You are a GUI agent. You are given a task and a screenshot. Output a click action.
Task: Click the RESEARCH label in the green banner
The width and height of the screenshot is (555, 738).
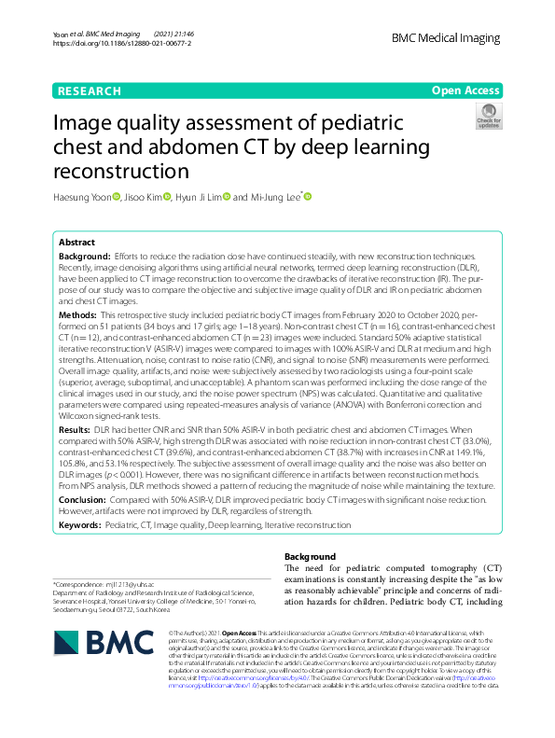pyautogui.click(x=89, y=91)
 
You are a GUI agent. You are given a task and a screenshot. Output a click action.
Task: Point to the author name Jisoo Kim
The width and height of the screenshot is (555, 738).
pyautogui.click(x=143, y=197)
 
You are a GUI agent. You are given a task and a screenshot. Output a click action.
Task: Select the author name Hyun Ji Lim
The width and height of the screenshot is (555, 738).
pyautogui.click(x=199, y=197)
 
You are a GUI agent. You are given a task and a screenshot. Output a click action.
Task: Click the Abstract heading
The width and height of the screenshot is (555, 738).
pyautogui.click(x=76, y=241)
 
